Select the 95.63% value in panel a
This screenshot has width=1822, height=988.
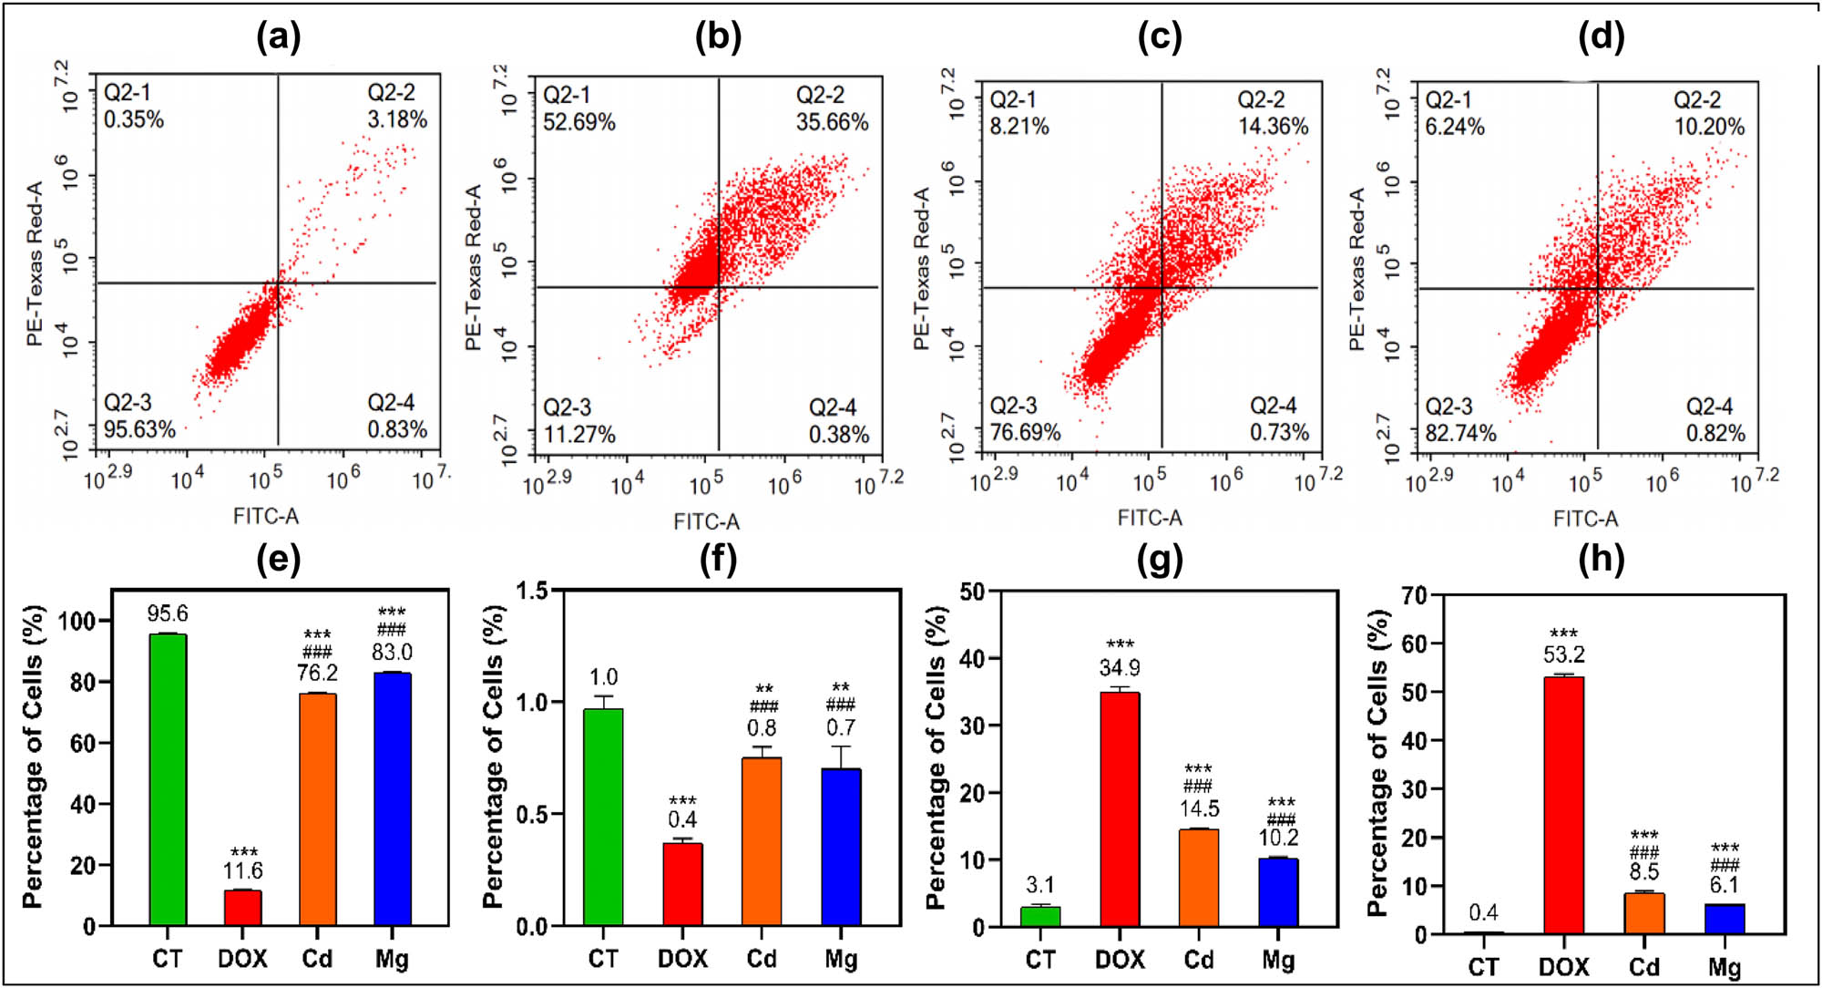139,429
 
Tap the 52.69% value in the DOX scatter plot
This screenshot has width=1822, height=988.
579,122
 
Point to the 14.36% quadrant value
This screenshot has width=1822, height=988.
1273,127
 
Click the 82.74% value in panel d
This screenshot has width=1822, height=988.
1460,433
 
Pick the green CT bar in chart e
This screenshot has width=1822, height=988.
168,779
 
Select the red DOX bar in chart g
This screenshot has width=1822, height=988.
1120,809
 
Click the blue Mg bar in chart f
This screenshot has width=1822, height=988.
841,847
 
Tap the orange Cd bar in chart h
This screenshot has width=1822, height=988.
1643,913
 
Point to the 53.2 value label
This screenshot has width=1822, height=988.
1563,654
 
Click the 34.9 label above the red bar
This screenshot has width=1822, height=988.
1120,668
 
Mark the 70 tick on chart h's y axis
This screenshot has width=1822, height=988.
1414,595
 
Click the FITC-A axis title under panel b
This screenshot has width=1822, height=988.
706,521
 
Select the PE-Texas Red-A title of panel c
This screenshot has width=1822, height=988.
921,269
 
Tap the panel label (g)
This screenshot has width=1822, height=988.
1159,559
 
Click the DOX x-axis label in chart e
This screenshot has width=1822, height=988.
242,959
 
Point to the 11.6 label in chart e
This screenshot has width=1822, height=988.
243,870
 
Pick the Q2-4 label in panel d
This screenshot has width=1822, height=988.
1709,407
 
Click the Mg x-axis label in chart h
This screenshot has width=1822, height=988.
1725,967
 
